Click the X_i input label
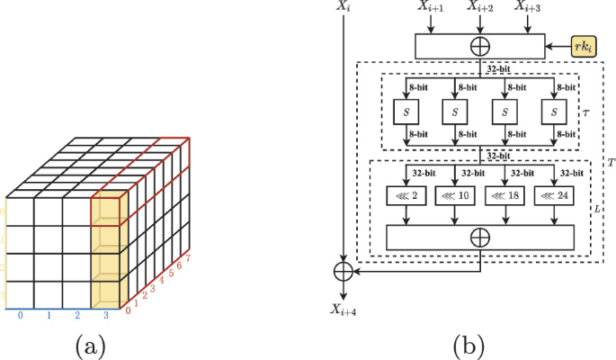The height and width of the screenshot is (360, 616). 342,7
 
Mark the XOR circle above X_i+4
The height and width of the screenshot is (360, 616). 342,270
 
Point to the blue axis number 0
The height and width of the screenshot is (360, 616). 20,316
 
